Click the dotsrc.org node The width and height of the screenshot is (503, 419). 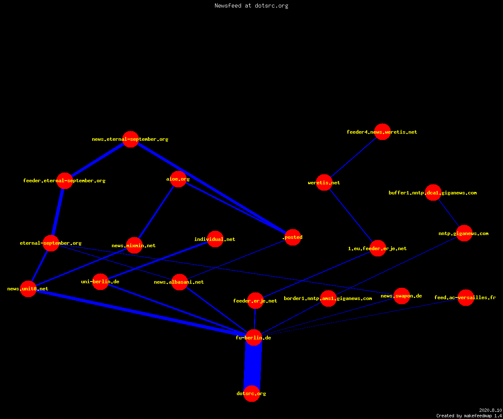(x=251, y=393)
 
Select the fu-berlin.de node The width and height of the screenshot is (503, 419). (x=254, y=338)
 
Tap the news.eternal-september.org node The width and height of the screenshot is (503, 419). (x=130, y=139)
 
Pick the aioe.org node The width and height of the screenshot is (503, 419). (x=178, y=179)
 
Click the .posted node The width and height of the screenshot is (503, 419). (x=293, y=237)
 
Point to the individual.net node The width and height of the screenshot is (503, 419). (x=215, y=239)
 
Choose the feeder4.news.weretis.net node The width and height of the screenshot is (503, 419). (x=382, y=132)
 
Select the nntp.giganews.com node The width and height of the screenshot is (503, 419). (x=464, y=233)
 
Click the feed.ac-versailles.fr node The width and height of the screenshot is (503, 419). (x=466, y=297)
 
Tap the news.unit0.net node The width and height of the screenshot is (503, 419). (x=28, y=289)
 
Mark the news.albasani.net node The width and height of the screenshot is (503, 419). (x=179, y=282)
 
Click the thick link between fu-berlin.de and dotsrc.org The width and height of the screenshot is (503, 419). (x=253, y=365)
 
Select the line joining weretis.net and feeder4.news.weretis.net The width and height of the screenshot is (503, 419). (x=353, y=157)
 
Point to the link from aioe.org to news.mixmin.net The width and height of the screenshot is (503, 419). (x=156, y=212)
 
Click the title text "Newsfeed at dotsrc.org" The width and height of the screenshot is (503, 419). (x=251, y=5)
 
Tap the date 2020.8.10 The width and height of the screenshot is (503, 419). (x=490, y=410)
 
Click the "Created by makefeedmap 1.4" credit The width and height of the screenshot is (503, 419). (x=469, y=416)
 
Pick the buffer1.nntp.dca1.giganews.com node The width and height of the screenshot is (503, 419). (x=433, y=192)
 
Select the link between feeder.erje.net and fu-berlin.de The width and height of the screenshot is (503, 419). (x=254, y=319)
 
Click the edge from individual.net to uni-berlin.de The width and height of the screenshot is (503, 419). (x=158, y=260)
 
